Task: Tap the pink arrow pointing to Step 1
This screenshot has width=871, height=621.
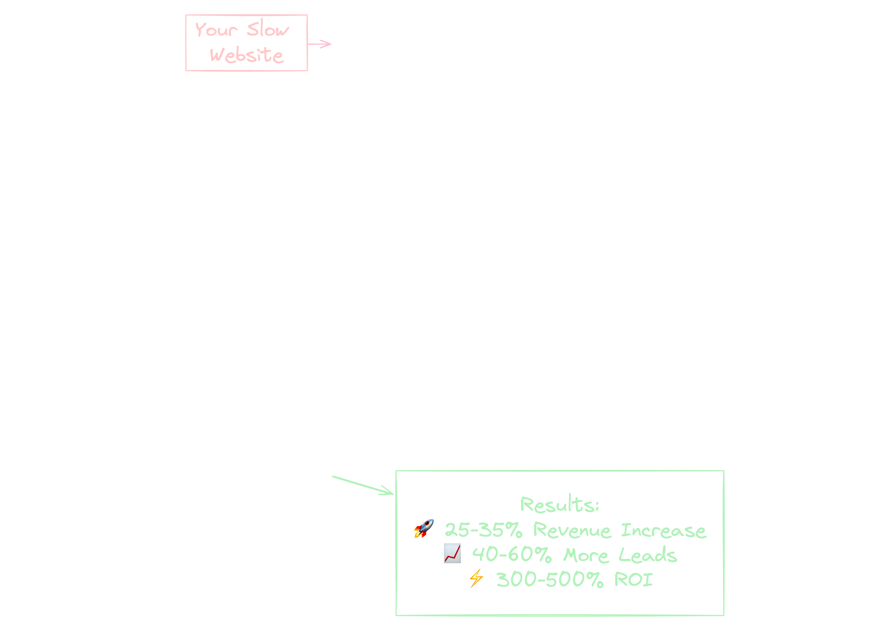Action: point(320,44)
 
